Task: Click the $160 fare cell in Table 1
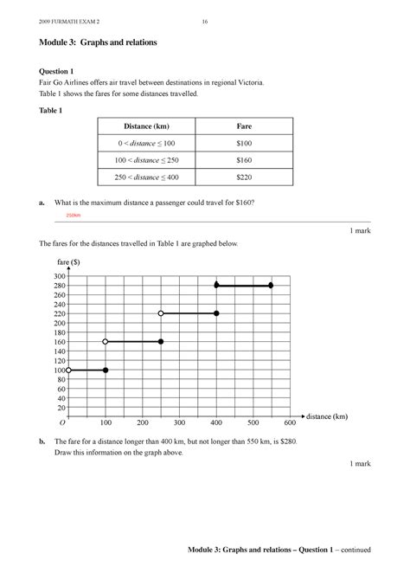(x=244, y=160)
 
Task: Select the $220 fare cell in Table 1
(x=244, y=177)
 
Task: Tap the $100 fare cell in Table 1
(x=244, y=144)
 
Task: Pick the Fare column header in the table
(x=244, y=127)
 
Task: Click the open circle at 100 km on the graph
(x=106, y=342)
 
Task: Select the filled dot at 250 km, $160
(x=161, y=342)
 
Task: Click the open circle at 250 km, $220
(x=161, y=313)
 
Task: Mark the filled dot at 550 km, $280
(x=271, y=285)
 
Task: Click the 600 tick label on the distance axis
(x=289, y=423)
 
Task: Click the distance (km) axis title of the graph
(x=326, y=417)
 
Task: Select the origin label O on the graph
(x=63, y=423)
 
